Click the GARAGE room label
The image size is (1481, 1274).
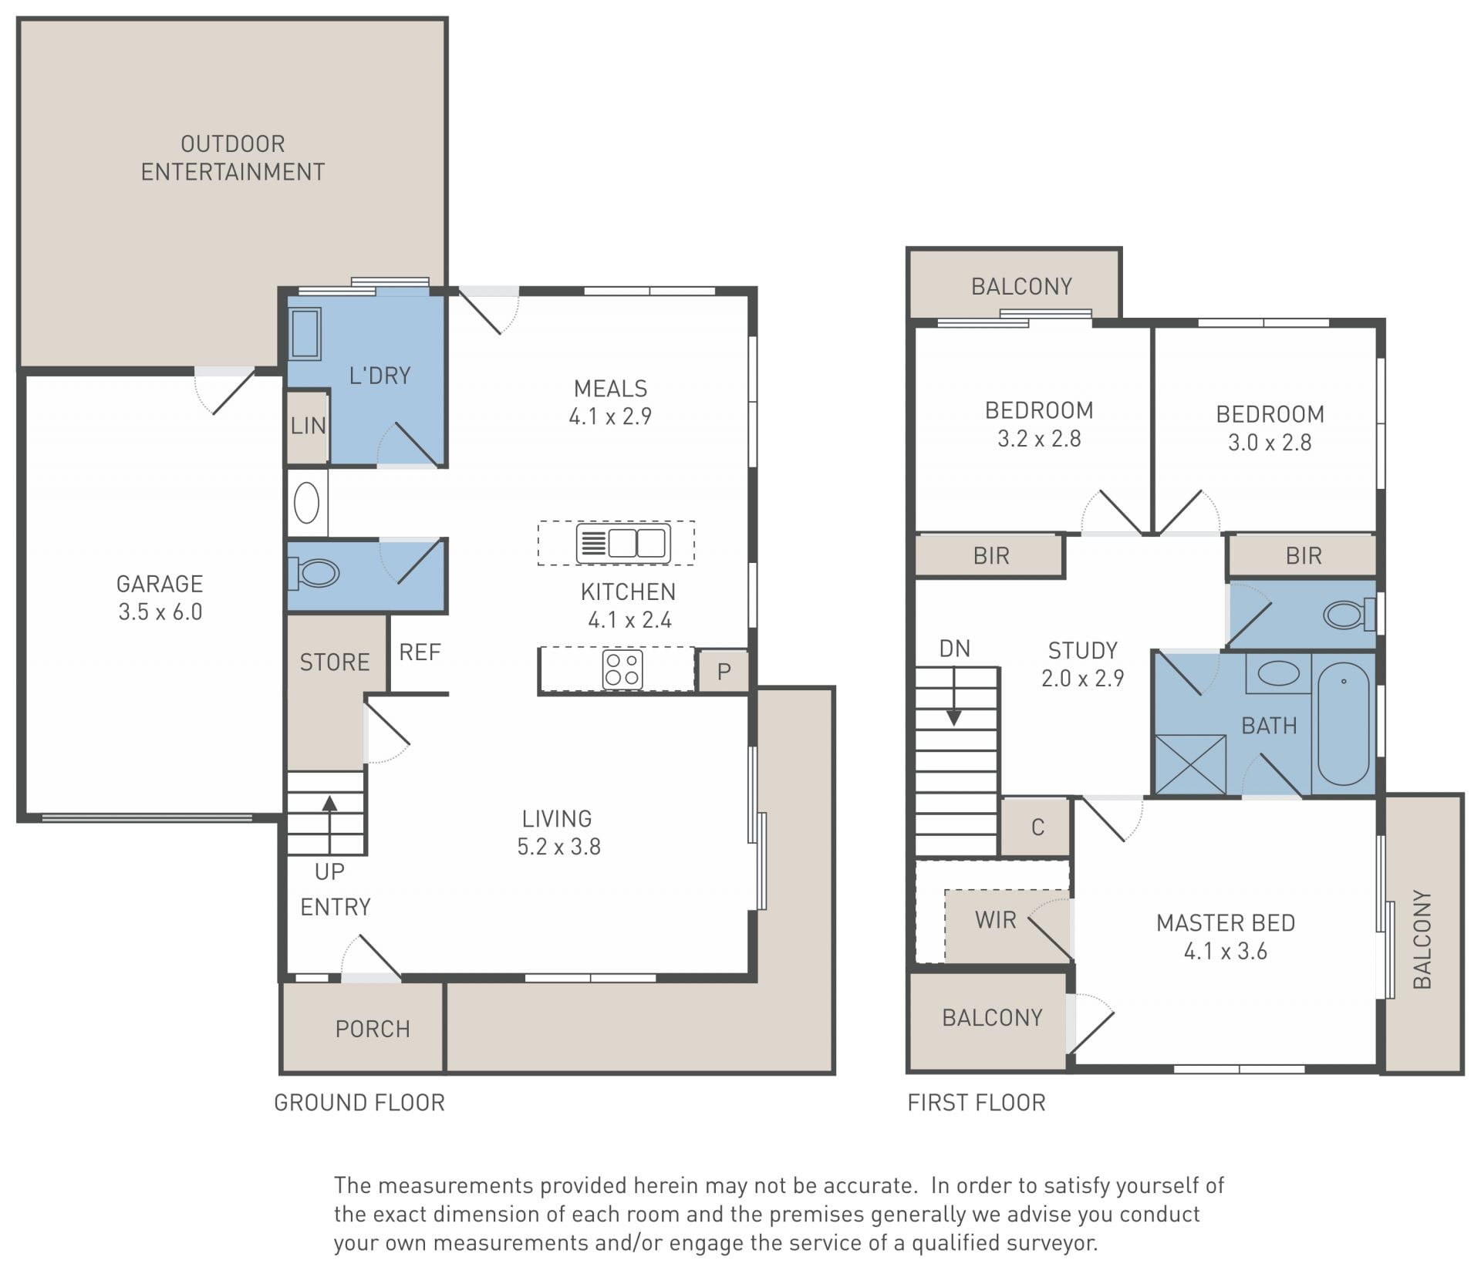click(160, 584)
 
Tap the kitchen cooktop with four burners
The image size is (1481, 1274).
click(622, 669)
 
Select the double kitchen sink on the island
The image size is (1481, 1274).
click(623, 543)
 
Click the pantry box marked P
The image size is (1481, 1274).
click(723, 671)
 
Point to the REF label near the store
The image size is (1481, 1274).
click(420, 652)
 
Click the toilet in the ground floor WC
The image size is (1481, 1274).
click(315, 573)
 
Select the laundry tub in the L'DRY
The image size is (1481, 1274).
click(305, 334)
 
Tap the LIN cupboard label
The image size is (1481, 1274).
click(308, 426)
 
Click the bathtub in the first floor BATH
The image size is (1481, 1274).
click(1344, 724)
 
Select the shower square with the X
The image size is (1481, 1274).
click(1190, 764)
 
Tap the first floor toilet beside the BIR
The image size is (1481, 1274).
click(1350, 615)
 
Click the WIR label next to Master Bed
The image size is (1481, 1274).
click(995, 920)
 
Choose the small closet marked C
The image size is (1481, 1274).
click(1037, 827)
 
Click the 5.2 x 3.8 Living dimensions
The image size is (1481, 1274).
click(558, 847)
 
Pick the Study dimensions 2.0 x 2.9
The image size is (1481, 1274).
click(1082, 679)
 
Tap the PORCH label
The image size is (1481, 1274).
click(373, 1030)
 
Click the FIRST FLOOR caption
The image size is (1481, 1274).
click(977, 1103)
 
